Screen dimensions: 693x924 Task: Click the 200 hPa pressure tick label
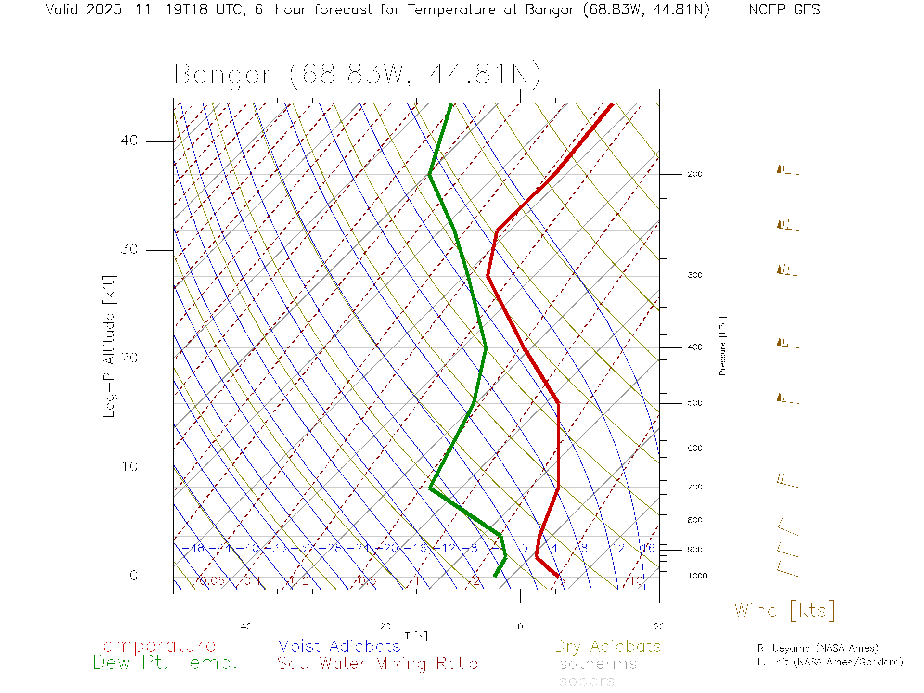[x=694, y=174]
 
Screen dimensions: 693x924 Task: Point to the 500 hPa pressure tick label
[x=694, y=403]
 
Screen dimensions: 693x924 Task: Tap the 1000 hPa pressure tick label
[x=697, y=576]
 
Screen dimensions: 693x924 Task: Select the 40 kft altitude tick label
[x=129, y=141]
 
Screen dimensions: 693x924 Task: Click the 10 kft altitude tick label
[x=129, y=467]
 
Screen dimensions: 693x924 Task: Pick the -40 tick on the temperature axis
[x=243, y=627]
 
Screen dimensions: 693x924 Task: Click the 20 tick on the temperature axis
[x=659, y=627]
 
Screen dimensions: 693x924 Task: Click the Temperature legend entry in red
[x=154, y=645]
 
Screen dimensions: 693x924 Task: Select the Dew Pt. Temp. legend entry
[x=165, y=663]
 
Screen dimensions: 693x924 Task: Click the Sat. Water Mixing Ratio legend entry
[x=377, y=664]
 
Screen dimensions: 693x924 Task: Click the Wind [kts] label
[x=784, y=610]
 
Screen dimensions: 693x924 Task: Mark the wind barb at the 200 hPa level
[x=787, y=170]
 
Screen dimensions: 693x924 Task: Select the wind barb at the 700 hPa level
[x=787, y=481]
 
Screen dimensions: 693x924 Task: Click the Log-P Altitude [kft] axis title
[x=110, y=346]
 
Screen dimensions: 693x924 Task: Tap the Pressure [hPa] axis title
[x=722, y=346]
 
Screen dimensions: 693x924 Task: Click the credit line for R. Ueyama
[x=818, y=648]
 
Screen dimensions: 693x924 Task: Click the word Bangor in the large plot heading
[x=223, y=75]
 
